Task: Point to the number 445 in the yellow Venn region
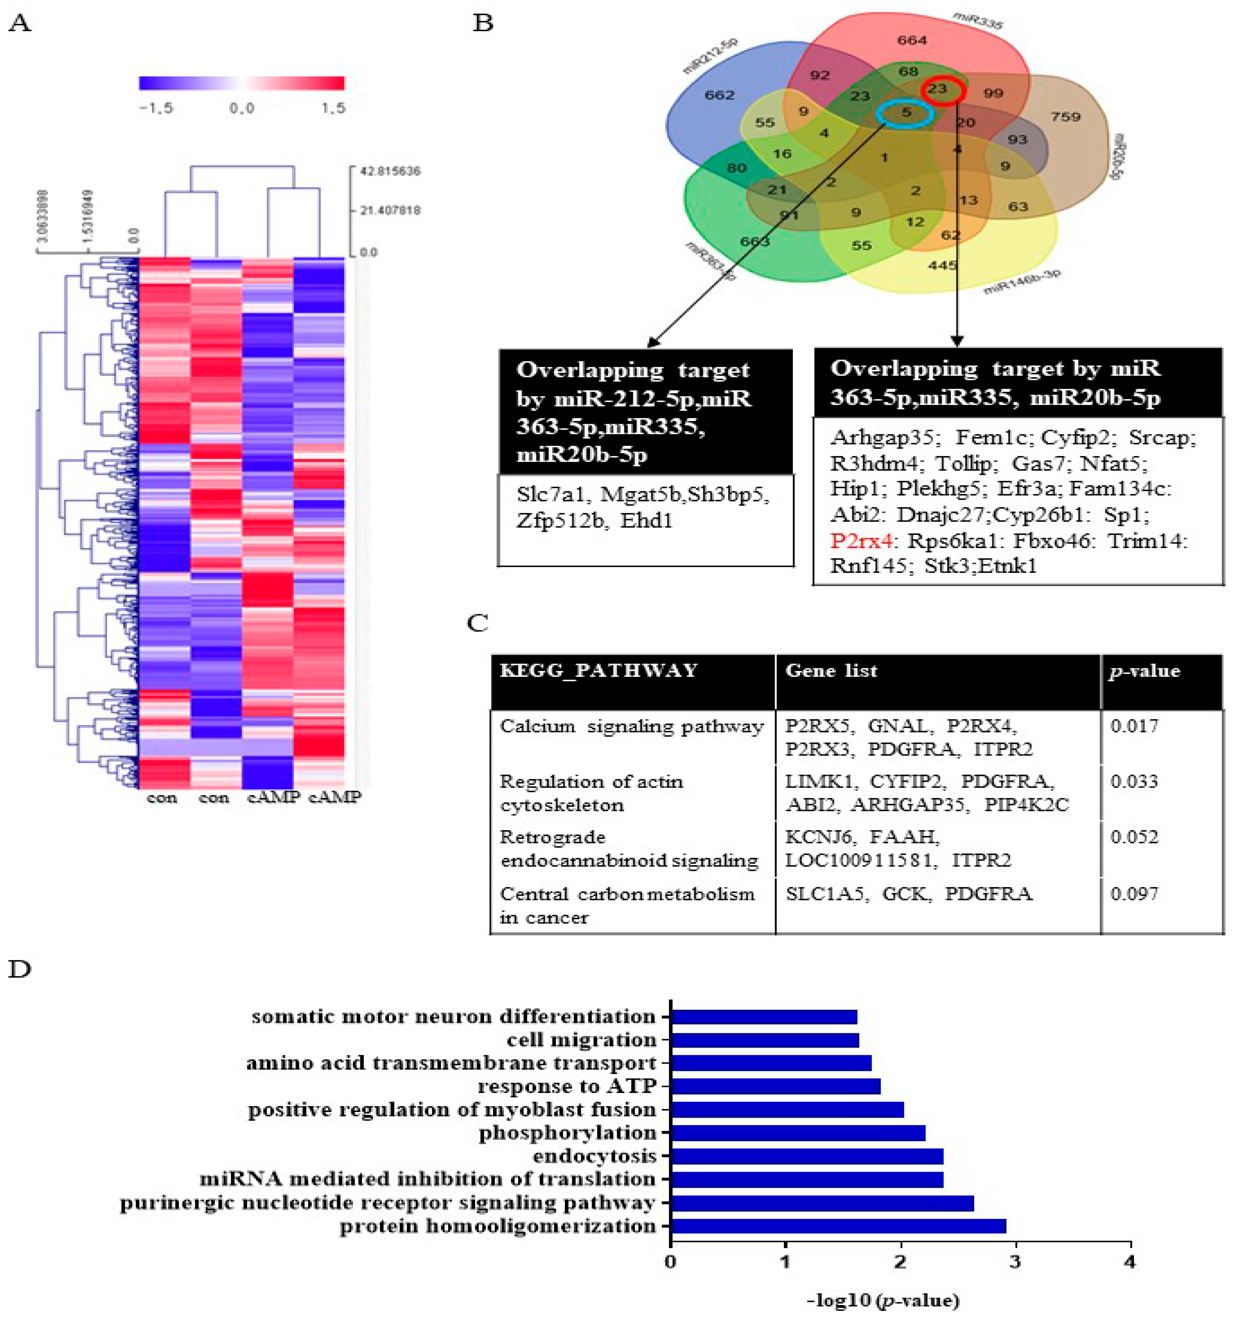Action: tap(943, 265)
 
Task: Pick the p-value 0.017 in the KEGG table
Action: tap(1135, 726)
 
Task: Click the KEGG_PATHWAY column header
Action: tap(599, 671)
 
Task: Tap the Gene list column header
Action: tap(831, 671)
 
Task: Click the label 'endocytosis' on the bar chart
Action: tap(594, 1156)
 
